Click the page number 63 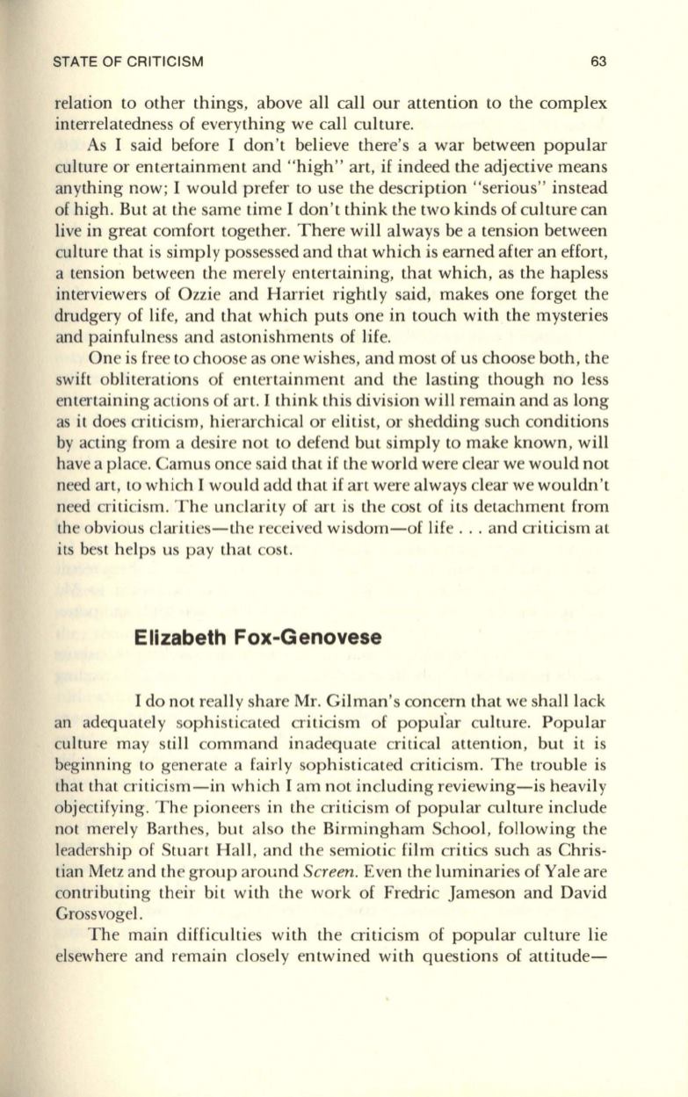[599, 61]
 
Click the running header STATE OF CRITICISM [128, 61]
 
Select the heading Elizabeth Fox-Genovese [258, 638]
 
